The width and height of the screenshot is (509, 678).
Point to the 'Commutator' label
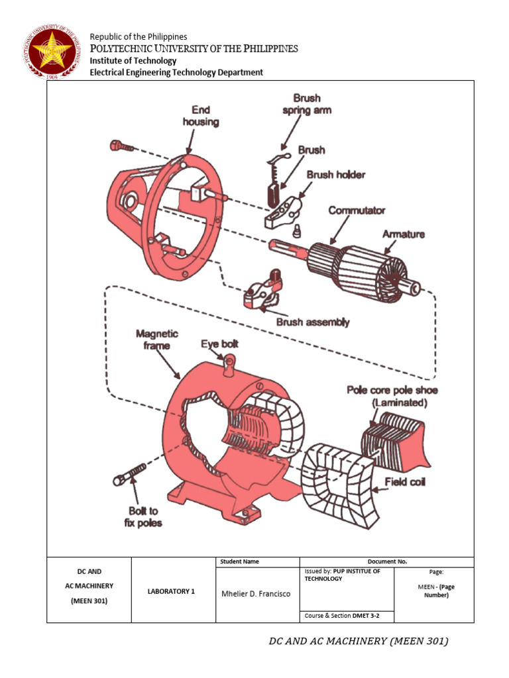pyautogui.click(x=357, y=211)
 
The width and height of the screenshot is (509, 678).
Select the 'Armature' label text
pyautogui.click(x=404, y=234)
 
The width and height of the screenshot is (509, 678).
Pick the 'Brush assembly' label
pyautogui.click(x=313, y=322)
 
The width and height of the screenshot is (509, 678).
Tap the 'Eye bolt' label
pyautogui.click(x=220, y=344)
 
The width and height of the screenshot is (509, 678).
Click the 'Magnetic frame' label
pyautogui.click(x=157, y=340)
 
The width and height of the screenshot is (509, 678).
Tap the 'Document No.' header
pyautogui.click(x=386, y=561)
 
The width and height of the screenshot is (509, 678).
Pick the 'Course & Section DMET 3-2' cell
pyautogui.click(x=346, y=616)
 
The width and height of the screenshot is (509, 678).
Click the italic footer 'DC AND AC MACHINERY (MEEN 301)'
pyautogui.click(x=359, y=641)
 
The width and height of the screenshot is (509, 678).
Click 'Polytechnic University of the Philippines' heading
pyautogui.click(x=194, y=48)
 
